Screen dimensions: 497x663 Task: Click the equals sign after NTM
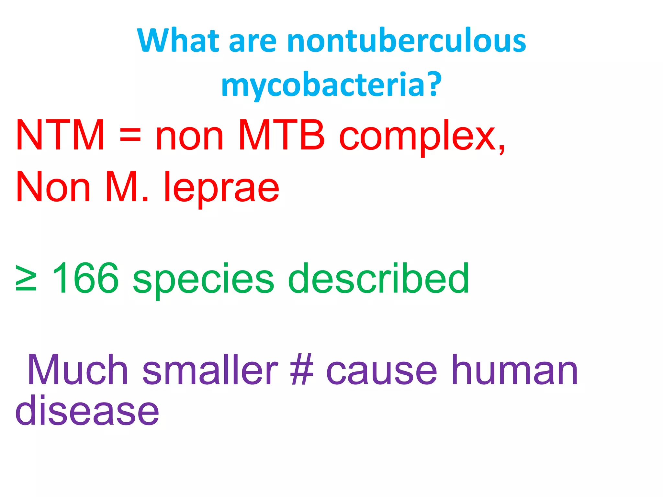click(130, 135)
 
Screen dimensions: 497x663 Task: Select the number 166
click(85, 278)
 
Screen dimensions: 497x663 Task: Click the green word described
click(378, 278)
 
